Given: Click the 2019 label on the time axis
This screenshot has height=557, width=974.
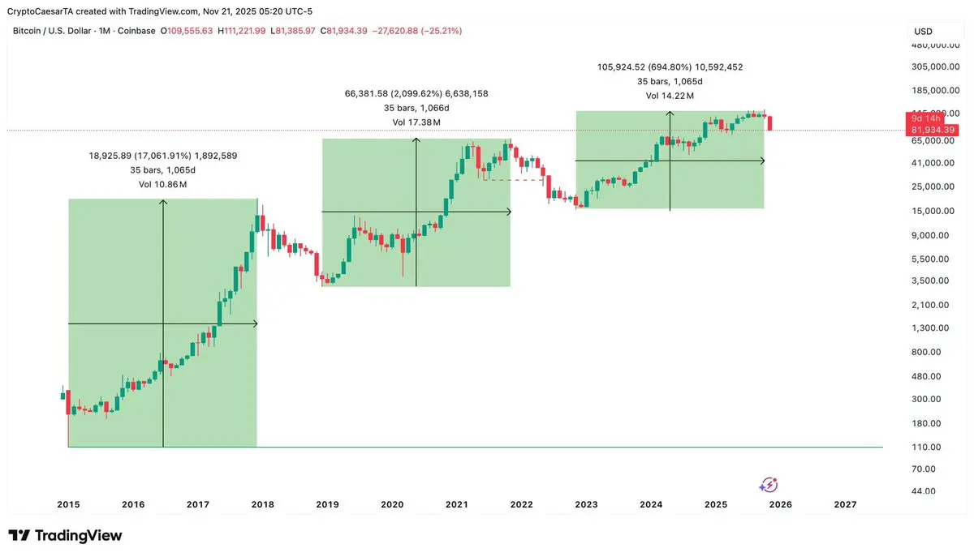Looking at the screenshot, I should (327, 504).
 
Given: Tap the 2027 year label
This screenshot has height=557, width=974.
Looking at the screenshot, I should (845, 504).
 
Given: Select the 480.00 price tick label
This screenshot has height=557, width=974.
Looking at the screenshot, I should (925, 376).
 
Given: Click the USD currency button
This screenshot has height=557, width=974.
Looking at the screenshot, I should (924, 32).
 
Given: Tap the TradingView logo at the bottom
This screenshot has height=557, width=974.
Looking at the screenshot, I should (65, 536).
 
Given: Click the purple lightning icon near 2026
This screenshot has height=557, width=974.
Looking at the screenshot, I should (768, 485).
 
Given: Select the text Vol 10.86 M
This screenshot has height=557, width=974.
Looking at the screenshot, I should (163, 185).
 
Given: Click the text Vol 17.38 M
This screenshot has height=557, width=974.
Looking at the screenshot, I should (416, 122).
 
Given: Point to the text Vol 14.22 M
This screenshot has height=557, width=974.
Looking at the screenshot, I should (670, 96).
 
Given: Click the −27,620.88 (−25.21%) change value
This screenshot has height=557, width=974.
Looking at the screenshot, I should (416, 31).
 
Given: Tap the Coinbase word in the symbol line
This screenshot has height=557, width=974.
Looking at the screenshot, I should (137, 31).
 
